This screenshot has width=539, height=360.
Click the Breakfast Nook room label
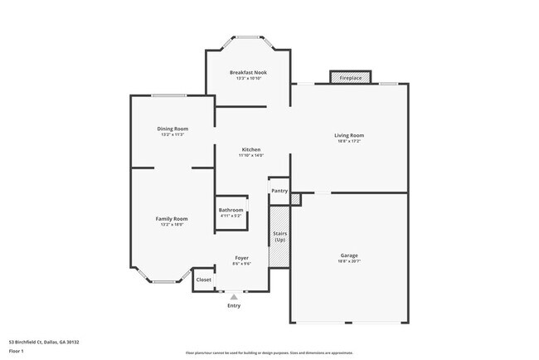pos(248,72)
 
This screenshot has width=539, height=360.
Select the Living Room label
pos(349,135)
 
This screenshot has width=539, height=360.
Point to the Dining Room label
pos(173,129)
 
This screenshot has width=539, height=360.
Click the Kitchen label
pos(251,149)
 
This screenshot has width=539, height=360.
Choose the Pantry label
pos(279,191)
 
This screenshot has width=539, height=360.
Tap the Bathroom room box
pos(231,212)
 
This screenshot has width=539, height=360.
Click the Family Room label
pos(172,218)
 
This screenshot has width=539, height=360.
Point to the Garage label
pos(349,255)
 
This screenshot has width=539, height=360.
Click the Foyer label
pos(242,258)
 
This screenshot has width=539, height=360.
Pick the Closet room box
pos(203,280)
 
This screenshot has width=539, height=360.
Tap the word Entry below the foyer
pos(234,306)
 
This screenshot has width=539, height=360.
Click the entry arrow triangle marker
pos(234,296)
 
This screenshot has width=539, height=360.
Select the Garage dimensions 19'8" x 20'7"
pos(349,261)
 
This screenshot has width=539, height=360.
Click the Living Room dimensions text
pos(349,141)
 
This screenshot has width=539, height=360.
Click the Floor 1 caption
pos(16,351)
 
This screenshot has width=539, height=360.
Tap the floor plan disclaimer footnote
pos(269,353)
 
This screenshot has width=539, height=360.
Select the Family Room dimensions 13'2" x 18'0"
pos(172,224)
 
